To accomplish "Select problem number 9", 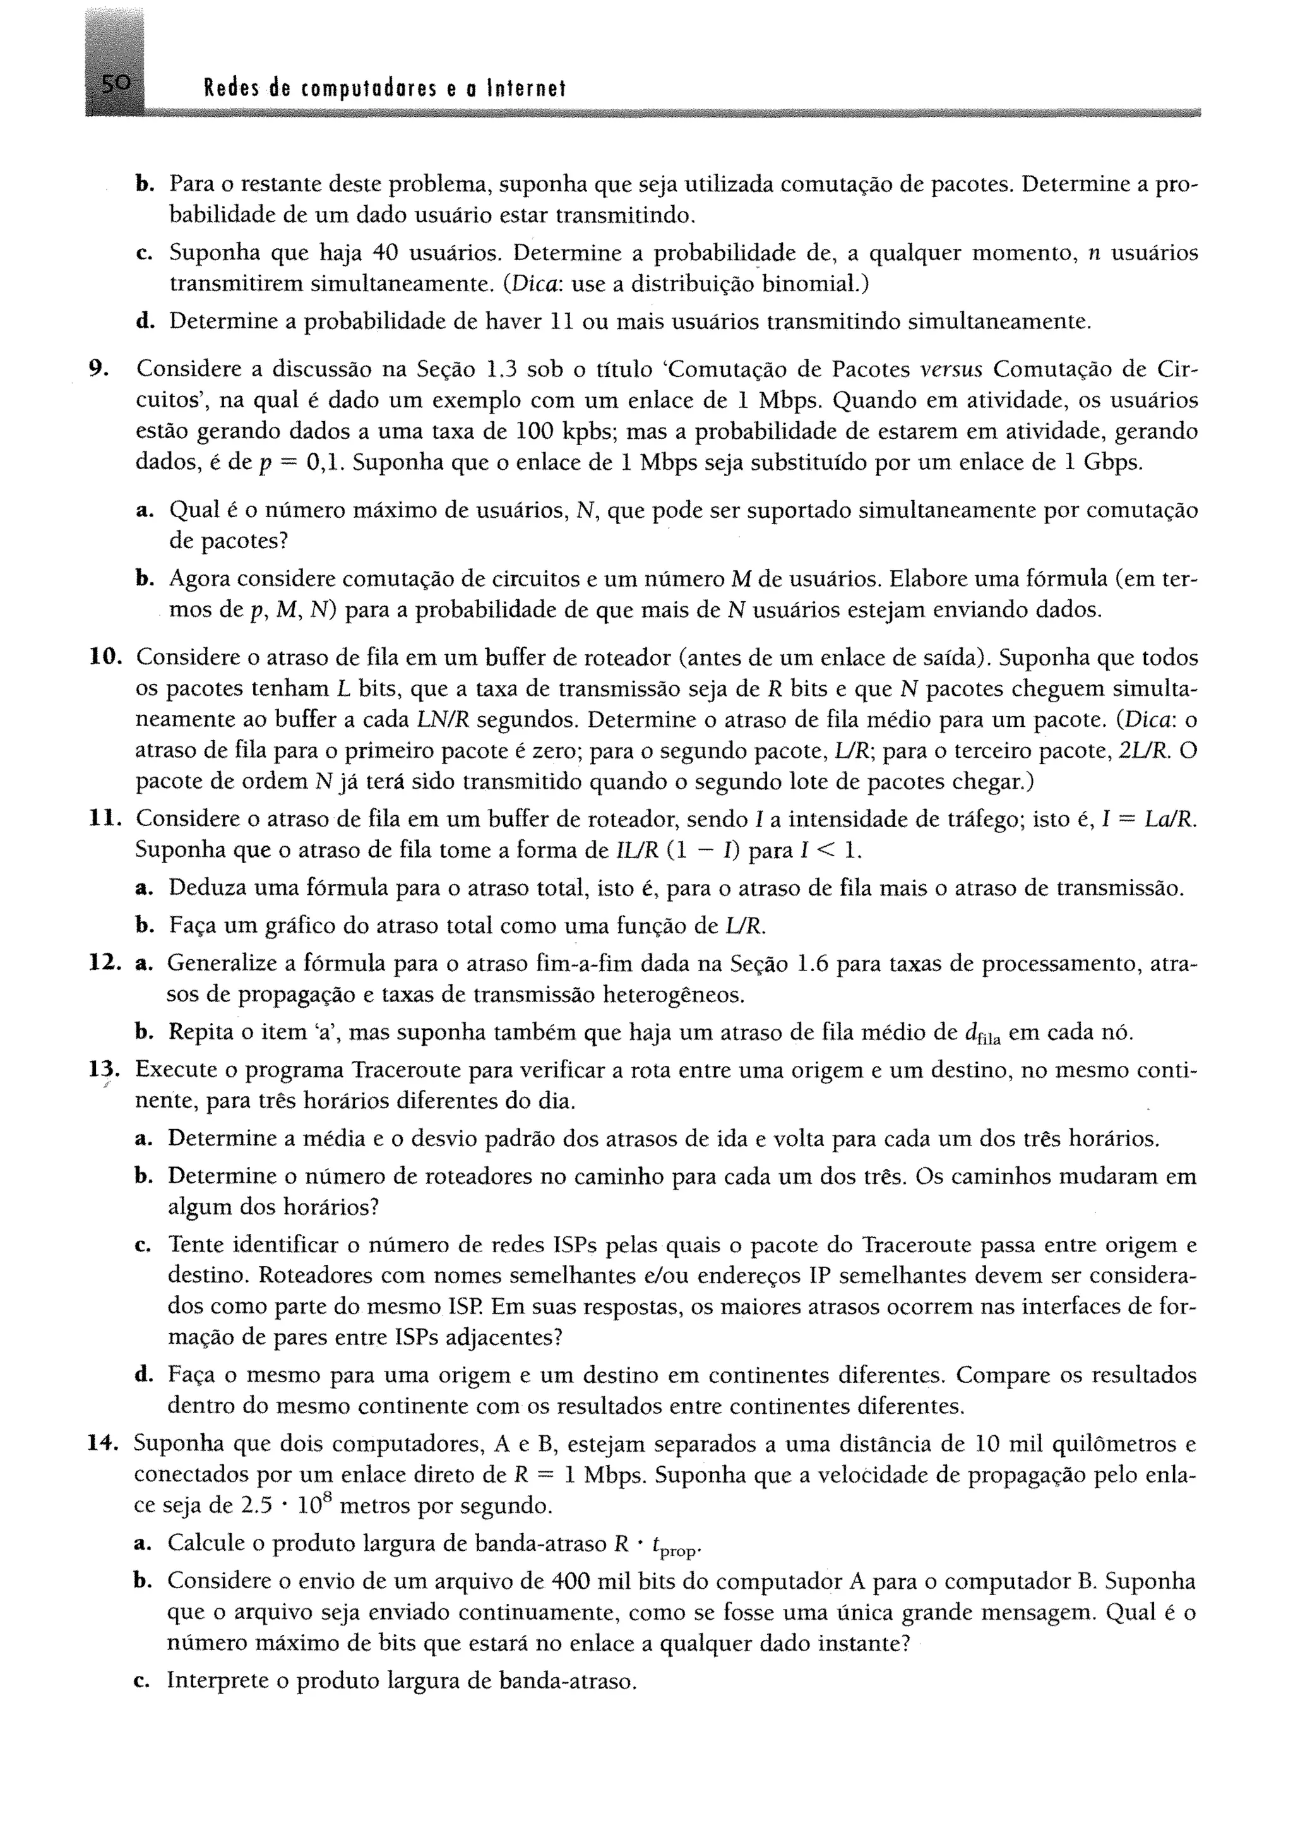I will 97,369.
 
